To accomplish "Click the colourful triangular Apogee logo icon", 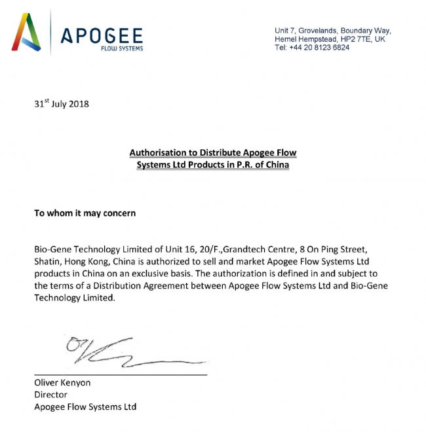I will pos(28,32).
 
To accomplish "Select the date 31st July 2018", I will pos(61,103).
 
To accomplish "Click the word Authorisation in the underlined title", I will pos(159,153).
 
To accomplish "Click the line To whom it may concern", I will pos(85,213).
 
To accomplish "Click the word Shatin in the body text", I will pos(47,261).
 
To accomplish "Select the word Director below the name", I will pos(50,395).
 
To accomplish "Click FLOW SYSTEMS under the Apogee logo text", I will pos(122,48).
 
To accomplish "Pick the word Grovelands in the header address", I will pos(319,31).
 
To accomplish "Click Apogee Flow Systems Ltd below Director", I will pos(85,406).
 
